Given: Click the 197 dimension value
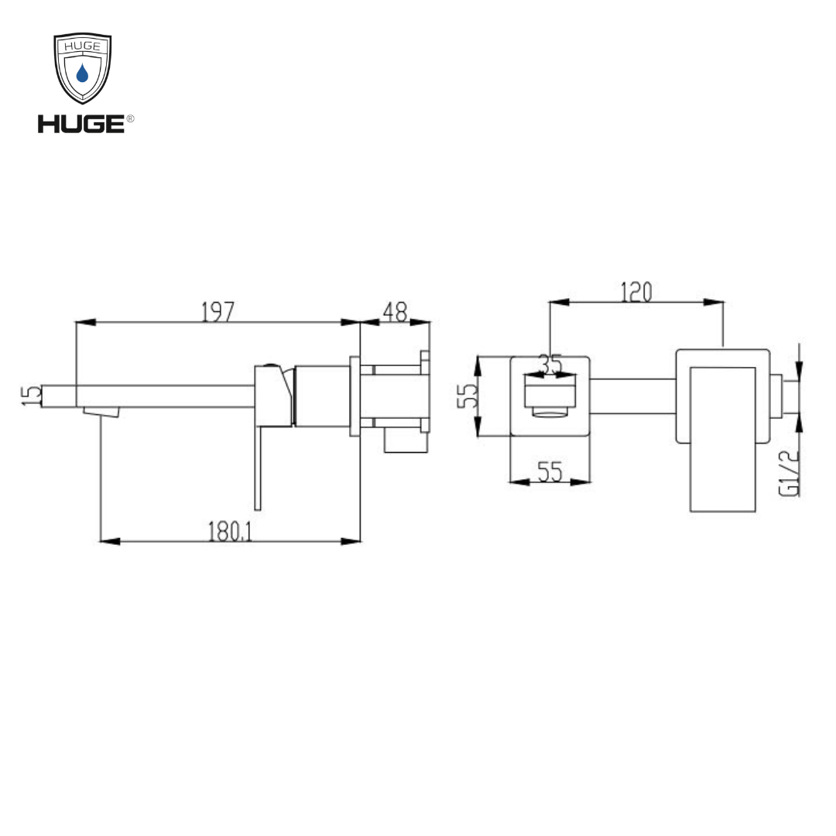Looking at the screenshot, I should click(x=218, y=311).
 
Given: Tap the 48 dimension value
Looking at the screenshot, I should click(x=395, y=311).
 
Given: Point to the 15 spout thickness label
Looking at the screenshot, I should click(x=32, y=395).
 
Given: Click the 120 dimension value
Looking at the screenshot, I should click(x=636, y=292).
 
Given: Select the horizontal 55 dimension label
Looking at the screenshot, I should click(x=550, y=471).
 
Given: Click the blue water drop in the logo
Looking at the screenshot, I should click(x=82, y=74).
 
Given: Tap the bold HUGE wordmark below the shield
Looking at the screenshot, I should click(x=81, y=124).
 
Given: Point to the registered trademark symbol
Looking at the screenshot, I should click(x=130, y=118).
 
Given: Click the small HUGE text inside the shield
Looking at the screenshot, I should click(x=82, y=46).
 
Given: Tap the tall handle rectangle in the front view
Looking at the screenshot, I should click(x=722, y=438).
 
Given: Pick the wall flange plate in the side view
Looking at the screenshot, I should click(x=355, y=396).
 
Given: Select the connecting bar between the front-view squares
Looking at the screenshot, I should click(x=632, y=395).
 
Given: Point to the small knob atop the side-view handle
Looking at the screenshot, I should click(x=271, y=365).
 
